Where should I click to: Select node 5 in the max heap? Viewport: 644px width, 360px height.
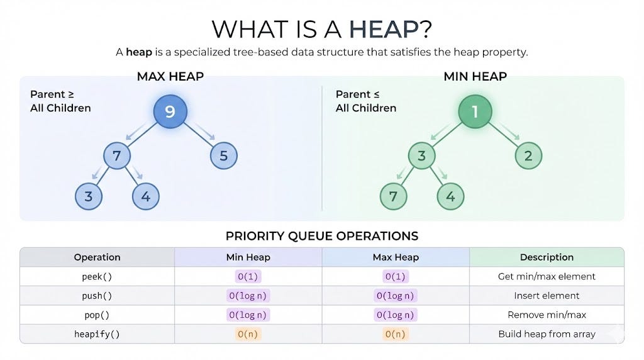(223, 155)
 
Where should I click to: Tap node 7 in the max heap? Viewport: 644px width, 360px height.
(117, 155)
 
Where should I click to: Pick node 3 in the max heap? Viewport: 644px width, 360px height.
(89, 196)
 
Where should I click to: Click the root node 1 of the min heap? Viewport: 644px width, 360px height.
(475, 112)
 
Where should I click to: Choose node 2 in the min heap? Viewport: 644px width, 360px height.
(528, 155)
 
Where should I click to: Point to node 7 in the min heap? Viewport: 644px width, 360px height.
(394, 196)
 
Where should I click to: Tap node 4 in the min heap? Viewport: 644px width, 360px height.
(450, 196)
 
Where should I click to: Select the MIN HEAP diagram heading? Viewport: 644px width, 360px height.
(475, 77)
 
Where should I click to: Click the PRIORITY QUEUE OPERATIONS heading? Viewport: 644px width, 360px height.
(321, 236)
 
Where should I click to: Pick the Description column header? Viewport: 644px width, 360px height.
(547, 257)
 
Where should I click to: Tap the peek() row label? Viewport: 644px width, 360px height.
(97, 276)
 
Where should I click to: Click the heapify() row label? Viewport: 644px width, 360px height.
(97, 334)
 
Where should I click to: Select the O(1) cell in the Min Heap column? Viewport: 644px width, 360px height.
(248, 276)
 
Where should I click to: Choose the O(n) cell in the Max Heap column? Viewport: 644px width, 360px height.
(396, 334)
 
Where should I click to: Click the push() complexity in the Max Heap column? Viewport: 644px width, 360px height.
(396, 296)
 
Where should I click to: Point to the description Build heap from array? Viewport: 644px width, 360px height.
(547, 334)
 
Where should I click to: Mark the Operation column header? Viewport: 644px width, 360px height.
(97, 257)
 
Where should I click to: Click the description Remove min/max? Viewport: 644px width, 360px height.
(547, 315)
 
